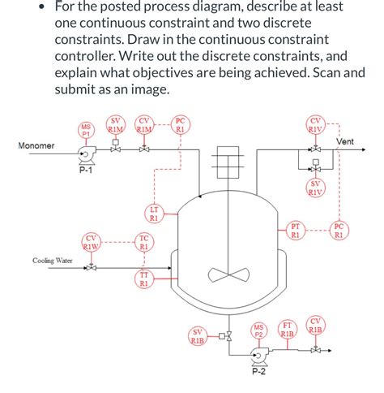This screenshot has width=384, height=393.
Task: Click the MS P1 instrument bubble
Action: (x=86, y=131)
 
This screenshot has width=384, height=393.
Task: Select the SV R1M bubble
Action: (x=116, y=124)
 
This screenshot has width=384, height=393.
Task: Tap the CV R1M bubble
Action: (x=145, y=124)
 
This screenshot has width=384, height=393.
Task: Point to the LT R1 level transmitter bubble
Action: (x=154, y=214)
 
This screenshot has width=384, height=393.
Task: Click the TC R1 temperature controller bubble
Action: (x=143, y=242)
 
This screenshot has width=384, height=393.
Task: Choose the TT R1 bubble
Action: (x=143, y=280)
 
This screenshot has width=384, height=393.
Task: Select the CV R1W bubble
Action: (x=92, y=242)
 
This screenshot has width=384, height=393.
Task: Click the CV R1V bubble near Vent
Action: (x=315, y=125)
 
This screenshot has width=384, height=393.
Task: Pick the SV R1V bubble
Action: (x=315, y=188)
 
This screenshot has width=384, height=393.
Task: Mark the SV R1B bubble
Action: (x=197, y=336)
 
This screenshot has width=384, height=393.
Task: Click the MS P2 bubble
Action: (x=259, y=330)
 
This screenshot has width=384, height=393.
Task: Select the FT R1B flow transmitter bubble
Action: (x=287, y=329)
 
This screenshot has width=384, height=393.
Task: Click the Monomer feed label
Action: (x=36, y=145)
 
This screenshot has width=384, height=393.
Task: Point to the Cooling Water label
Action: (x=53, y=261)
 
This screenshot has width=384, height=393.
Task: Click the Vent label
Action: (x=345, y=142)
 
